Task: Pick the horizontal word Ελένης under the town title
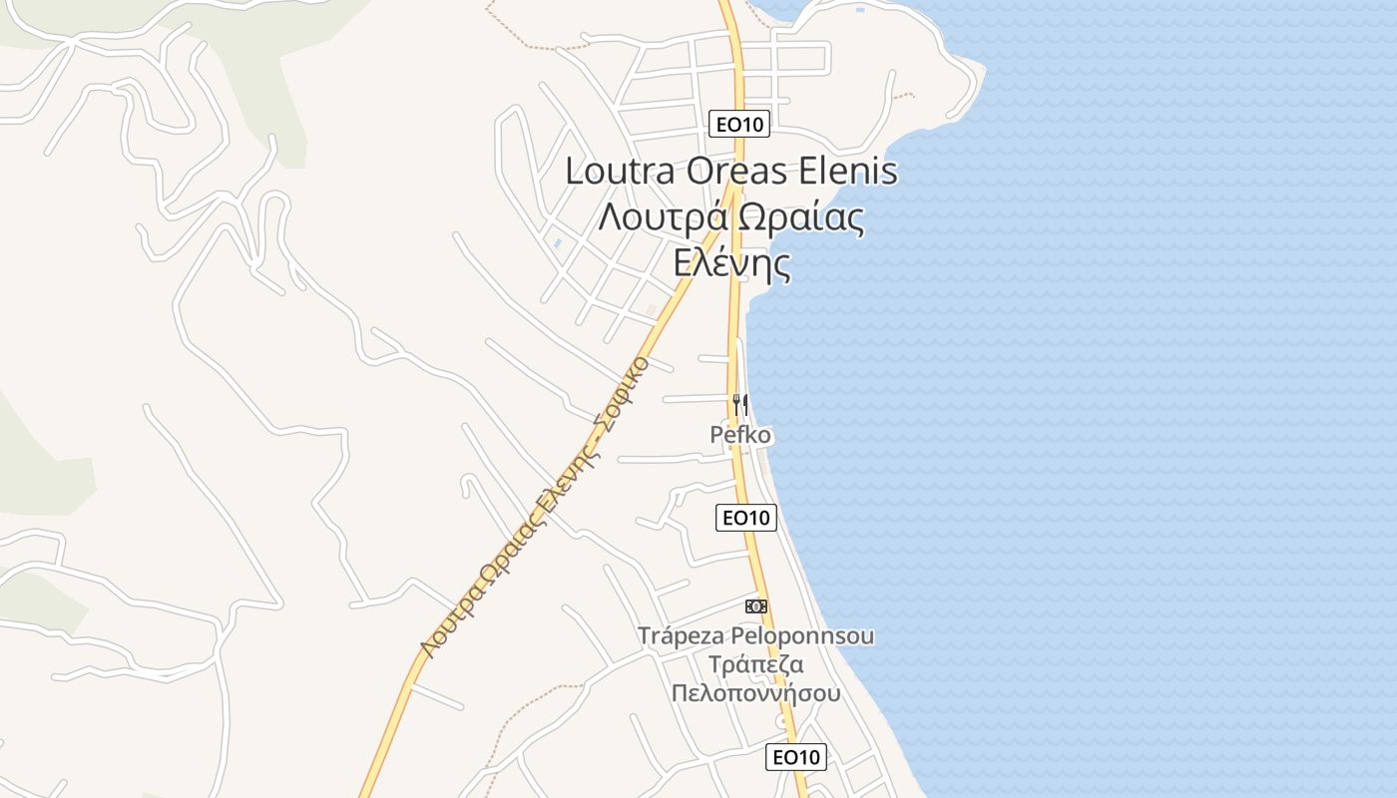click(731, 264)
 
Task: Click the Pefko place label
click(740, 435)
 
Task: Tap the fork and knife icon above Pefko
click(740, 404)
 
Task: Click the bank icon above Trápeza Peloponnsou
click(756, 605)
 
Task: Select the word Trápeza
click(682, 635)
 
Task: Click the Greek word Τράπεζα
click(755, 664)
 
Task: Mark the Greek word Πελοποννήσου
click(755, 693)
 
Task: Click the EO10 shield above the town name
click(739, 125)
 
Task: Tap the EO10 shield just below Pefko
click(746, 517)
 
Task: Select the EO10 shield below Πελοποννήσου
click(796, 757)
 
